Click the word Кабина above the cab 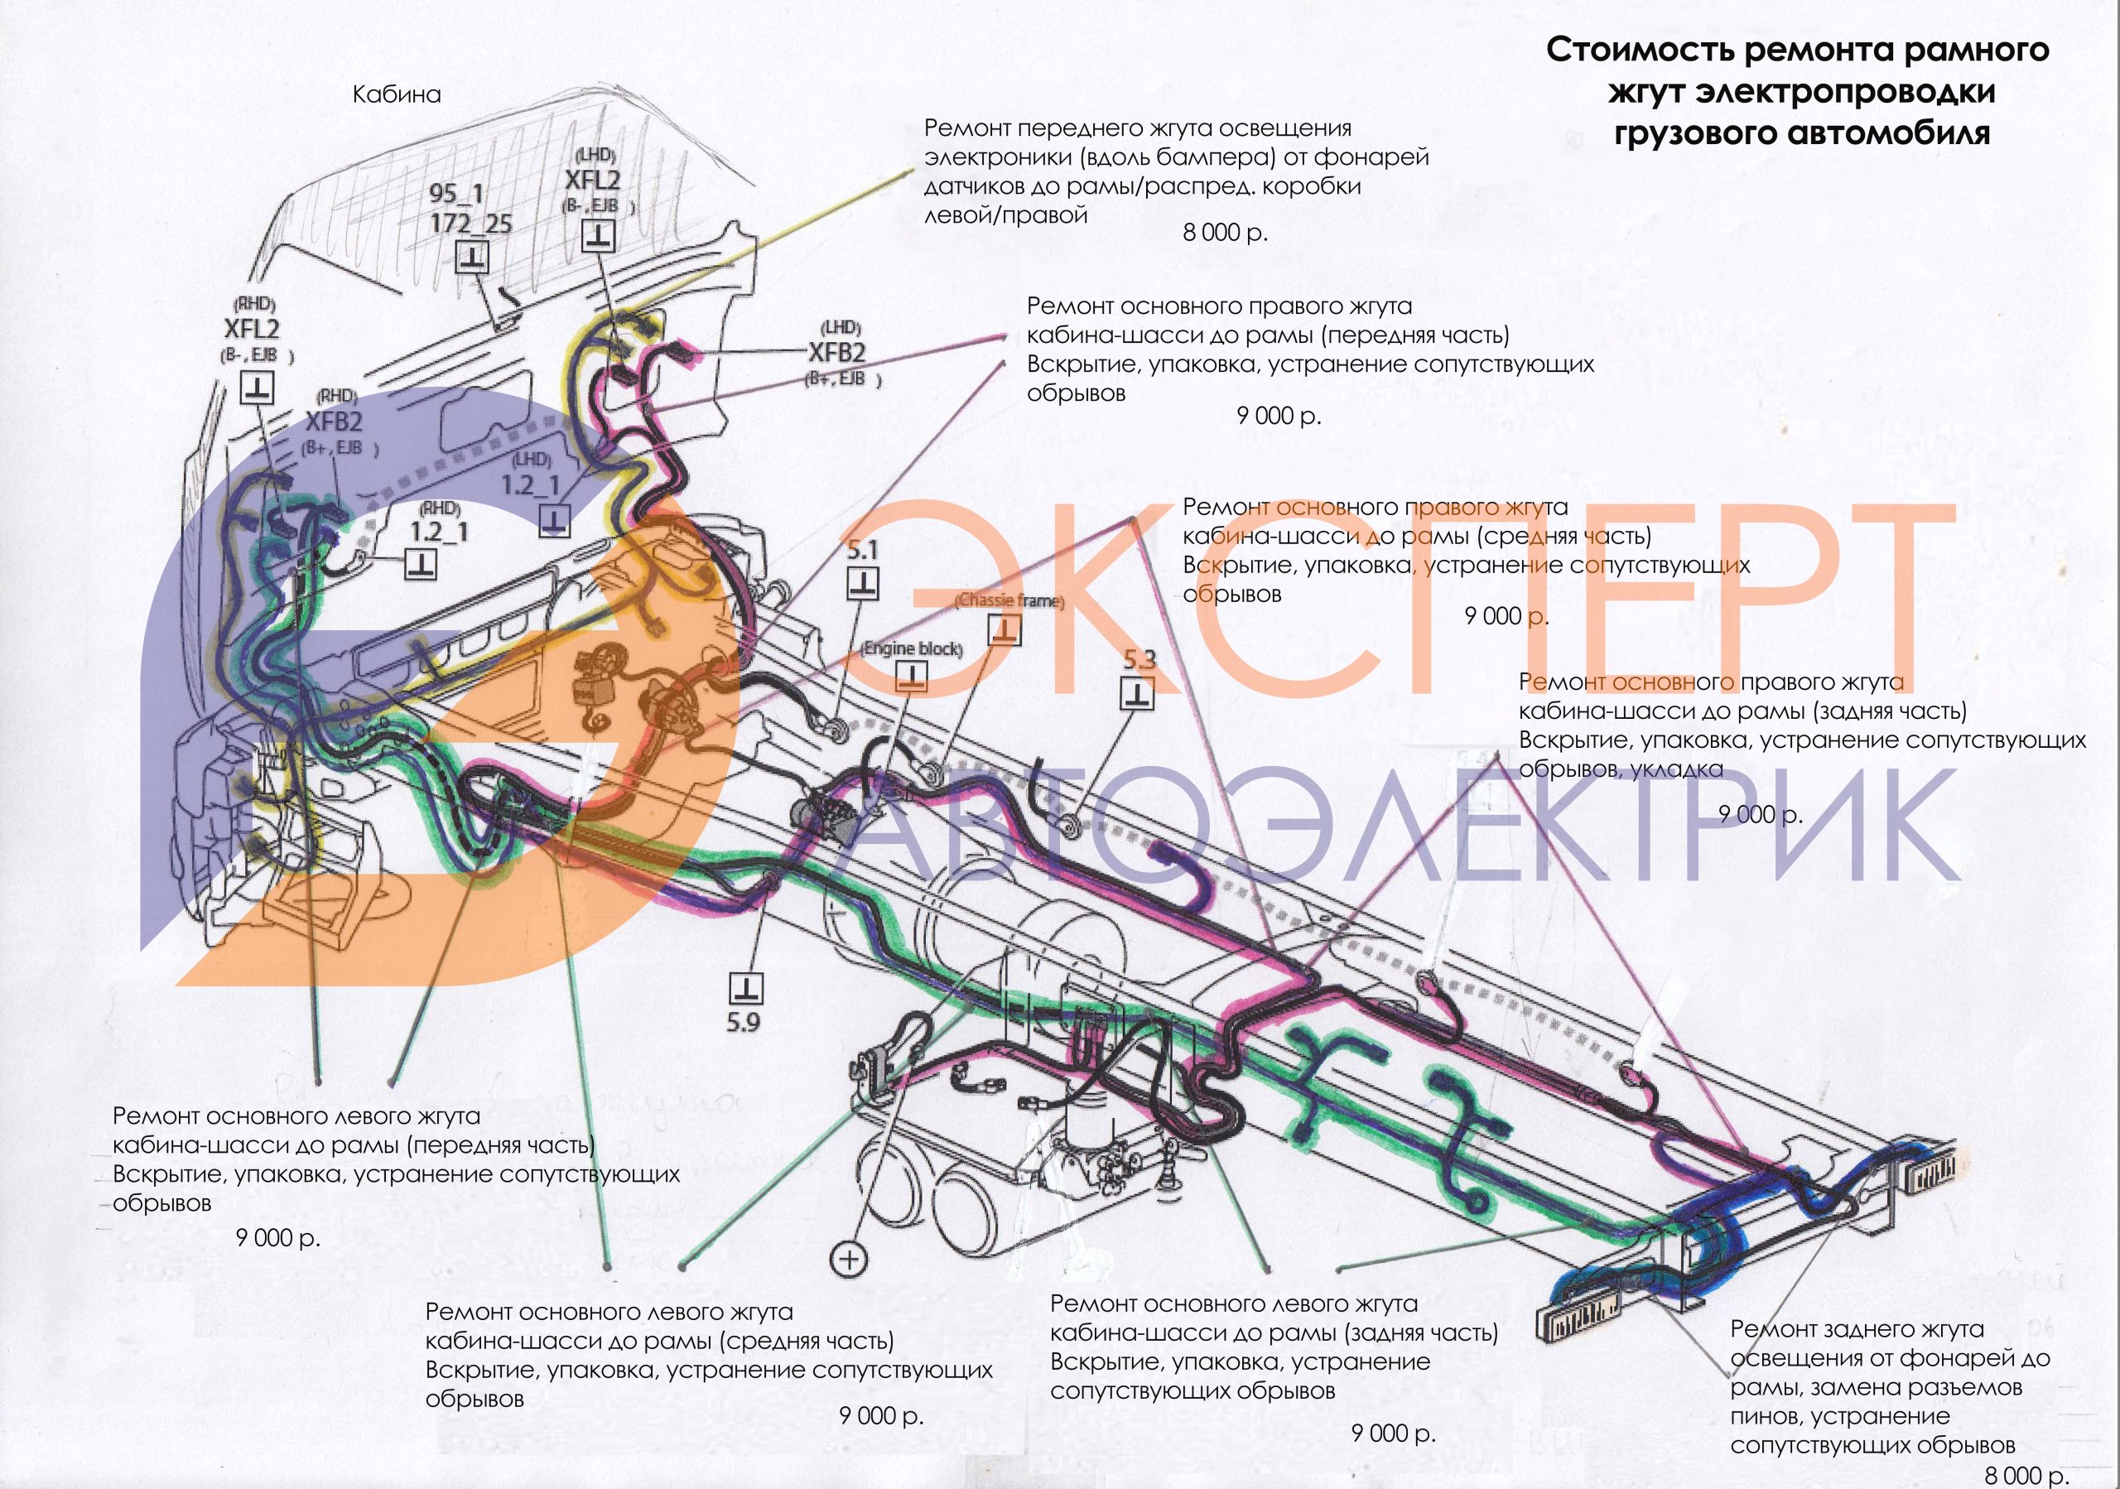tap(396, 94)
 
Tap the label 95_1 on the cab tap(456, 194)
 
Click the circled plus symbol tap(849, 1259)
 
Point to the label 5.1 tap(862, 551)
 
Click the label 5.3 tap(1139, 660)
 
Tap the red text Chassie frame tap(1009, 601)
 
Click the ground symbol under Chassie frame tap(1005, 629)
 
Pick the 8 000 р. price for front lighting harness tap(1226, 233)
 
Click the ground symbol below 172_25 tap(473, 256)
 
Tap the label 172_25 tap(471, 224)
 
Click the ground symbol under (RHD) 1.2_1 tap(420, 563)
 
